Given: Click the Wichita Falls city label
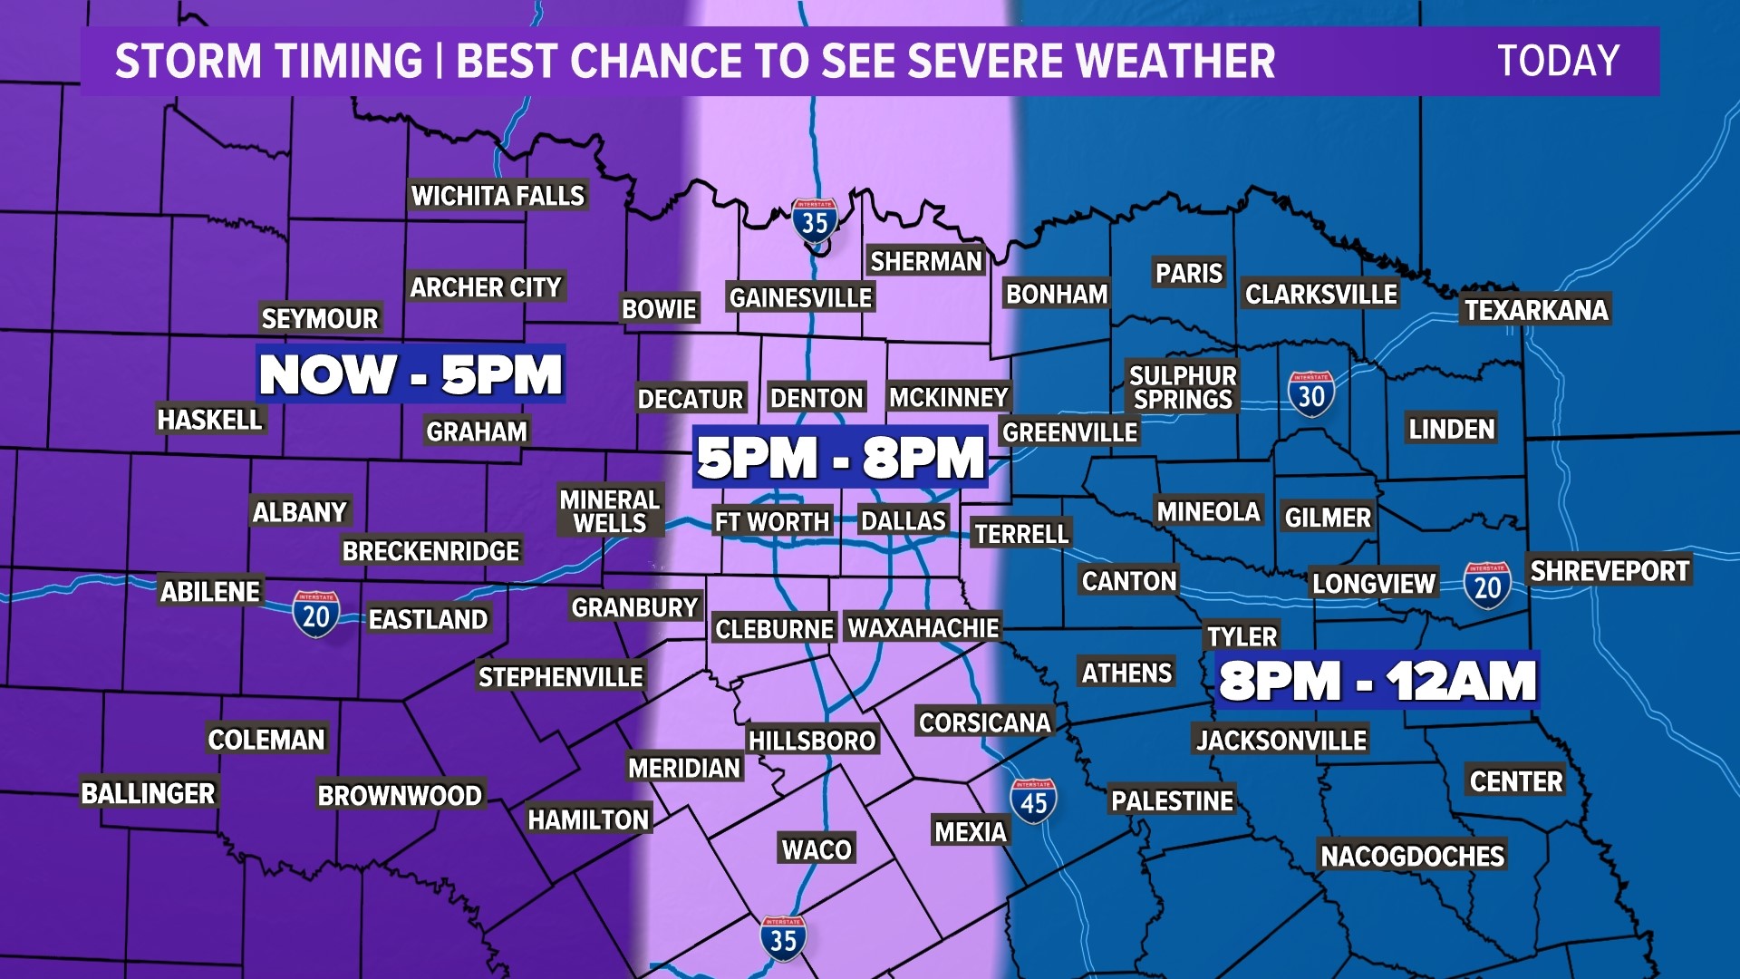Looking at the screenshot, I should click(498, 196).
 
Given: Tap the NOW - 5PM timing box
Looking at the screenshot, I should click(411, 373).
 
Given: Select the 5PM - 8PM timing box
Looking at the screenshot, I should click(840, 457).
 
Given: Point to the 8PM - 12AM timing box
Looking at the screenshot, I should click(1377, 680).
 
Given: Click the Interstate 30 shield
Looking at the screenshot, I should click(1310, 393).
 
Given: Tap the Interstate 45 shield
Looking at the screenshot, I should click(1033, 800).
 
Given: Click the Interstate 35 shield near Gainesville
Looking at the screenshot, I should click(814, 220).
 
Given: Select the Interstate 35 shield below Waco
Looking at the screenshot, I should click(783, 938).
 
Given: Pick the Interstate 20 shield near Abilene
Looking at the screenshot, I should click(315, 615).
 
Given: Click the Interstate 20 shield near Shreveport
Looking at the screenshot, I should click(1487, 586).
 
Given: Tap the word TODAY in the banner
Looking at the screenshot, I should click(1558, 61).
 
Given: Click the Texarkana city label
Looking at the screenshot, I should click(1536, 310).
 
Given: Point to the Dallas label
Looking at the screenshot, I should click(903, 520).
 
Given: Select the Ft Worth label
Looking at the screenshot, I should click(771, 522).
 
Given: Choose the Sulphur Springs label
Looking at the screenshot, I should click(1183, 387).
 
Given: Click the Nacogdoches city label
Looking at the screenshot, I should click(1412, 856).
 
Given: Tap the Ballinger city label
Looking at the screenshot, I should click(148, 793).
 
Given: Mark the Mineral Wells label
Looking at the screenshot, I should click(609, 511).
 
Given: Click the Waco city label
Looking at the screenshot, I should click(817, 849).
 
